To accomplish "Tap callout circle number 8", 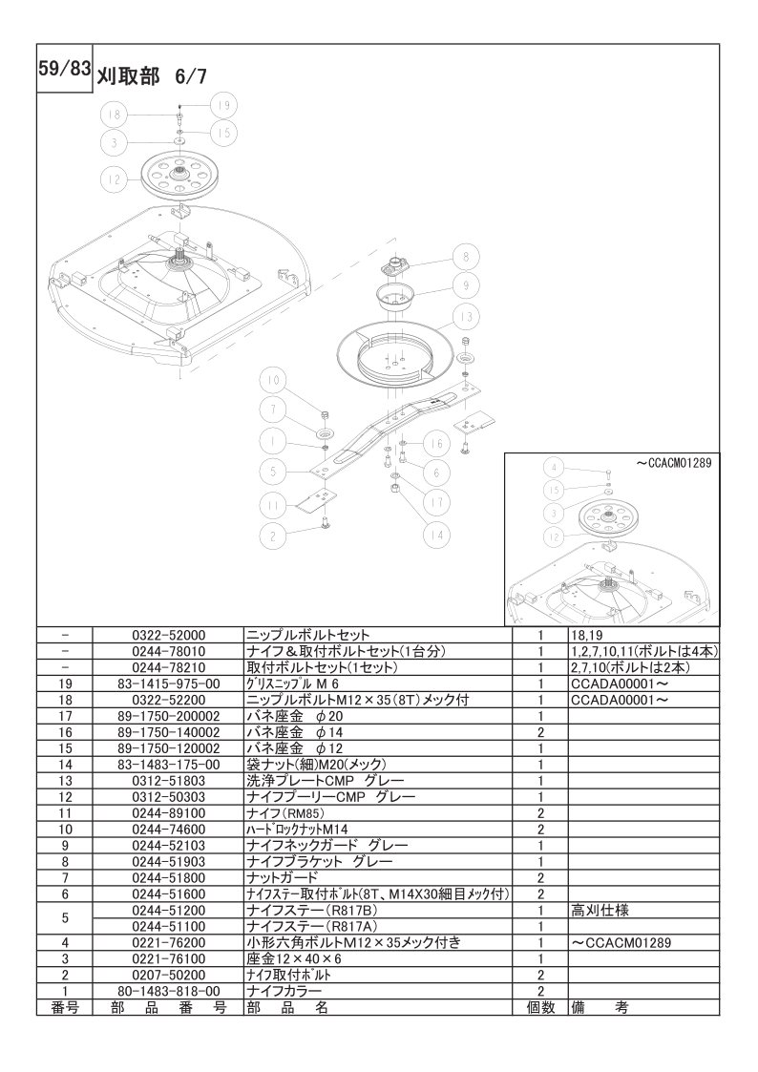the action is pyautogui.click(x=466, y=257).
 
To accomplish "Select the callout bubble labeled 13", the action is pyautogui.click(x=466, y=317).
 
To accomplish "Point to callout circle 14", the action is pyautogui.click(x=436, y=536).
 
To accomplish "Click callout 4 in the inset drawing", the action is pyautogui.click(x=555, y=469).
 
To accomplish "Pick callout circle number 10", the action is pyautogui.click(x=273, y=381).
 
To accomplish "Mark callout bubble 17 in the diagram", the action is pyautogui.click(x=436, y=503).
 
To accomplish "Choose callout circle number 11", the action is pyautogui.click(x=273, y=505).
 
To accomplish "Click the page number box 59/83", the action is pyautogui.click(x=64, y=69).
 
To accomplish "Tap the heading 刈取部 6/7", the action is pyautogui.click(x=150, y=75).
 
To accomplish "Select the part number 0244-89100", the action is pyautogui.click(x=168, y=813).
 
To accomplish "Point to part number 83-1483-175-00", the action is pyautogui.click(x=168, y=765).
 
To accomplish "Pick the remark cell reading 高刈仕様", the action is pyautogui.click(x=600, y=911).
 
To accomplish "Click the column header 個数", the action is pyautogui.click(x=540, y=1008).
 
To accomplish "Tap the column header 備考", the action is pyautogui.click(x=600, y=1008).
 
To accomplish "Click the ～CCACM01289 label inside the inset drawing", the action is pyautogui.click(x=674, y=463).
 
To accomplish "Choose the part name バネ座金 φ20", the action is pyautogui.click(x=294, y=716).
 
